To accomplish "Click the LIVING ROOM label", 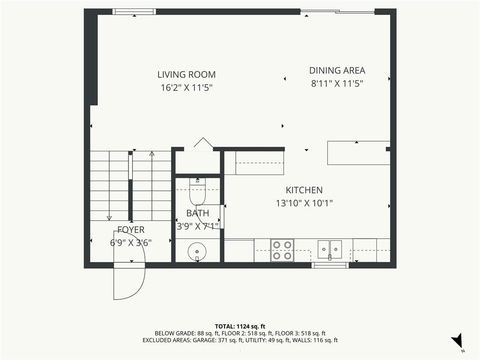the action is coord(187,75).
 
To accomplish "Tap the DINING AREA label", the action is coord(337,70).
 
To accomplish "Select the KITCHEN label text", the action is coord(304,190).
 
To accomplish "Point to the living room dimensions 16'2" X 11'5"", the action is coord(187,88).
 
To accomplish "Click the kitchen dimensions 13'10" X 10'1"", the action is coord(304,203).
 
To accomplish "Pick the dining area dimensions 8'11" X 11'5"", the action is coord(337,83).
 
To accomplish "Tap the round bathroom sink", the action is coord(197,251).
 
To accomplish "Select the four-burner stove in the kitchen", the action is coord(282,250).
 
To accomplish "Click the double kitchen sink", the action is coord(330,249).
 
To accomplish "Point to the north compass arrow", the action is coord(457,340).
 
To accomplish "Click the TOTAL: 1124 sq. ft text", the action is coord(240,326).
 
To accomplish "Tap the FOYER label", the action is coord(131,230).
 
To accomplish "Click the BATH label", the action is coord(197,213).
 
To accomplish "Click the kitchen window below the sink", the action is coord(330,265).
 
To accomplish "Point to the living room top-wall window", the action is coord(134,12).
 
